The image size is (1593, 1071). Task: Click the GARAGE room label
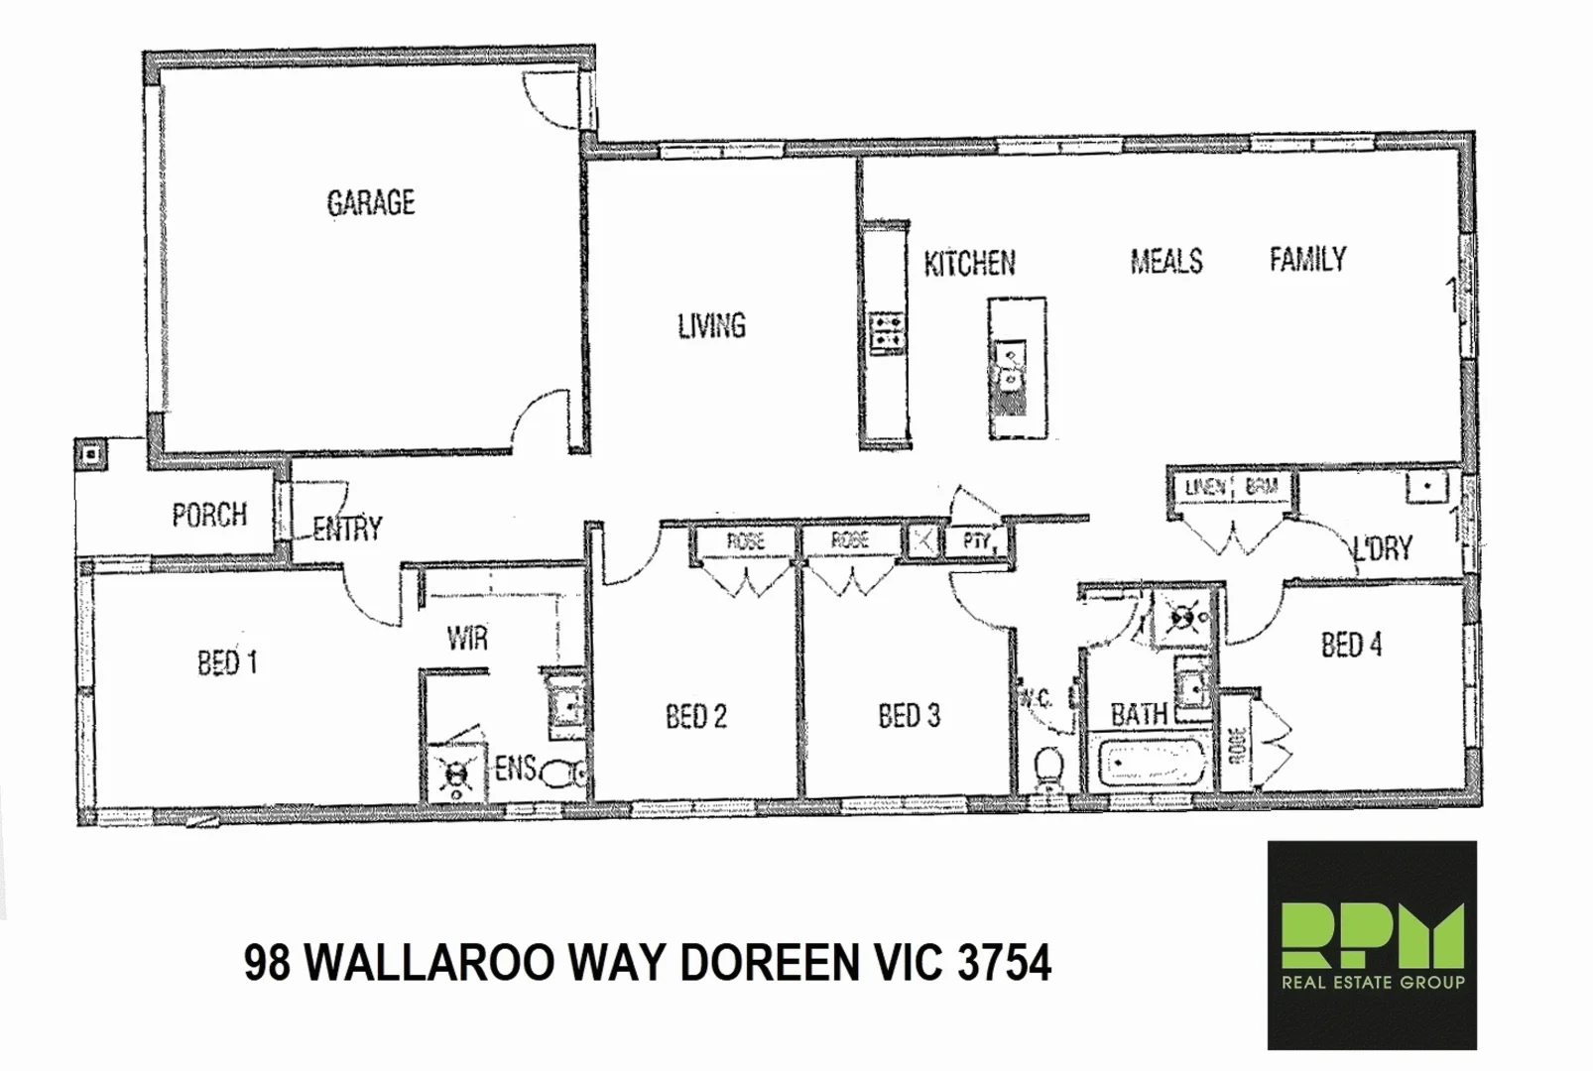[x=371, y=203]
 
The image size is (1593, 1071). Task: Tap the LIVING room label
[x=711, y=326]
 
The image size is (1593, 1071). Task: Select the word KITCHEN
[x=969, y=264]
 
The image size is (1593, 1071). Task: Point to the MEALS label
[x=1166, y=262]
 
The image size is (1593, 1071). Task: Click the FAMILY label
[x=1307, y=260]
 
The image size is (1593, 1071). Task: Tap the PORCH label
[x=209, y=516]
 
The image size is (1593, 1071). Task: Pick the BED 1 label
[x=227, y=662]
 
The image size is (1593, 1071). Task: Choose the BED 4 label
[x=1351, y=646]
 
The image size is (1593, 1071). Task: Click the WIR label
[x=467, y=639]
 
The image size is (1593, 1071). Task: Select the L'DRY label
[x=1383, y=547]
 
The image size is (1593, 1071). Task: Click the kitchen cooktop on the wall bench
[x=886, y=332]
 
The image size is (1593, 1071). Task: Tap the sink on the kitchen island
[x=1011, y=367]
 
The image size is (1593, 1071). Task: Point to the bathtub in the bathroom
[x=1150, y=763]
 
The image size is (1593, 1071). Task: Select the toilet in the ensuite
[x=566, y=773]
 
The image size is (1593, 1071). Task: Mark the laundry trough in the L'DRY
[x=1425, y=487]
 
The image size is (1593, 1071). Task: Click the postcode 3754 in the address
[x=1005, y=963]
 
